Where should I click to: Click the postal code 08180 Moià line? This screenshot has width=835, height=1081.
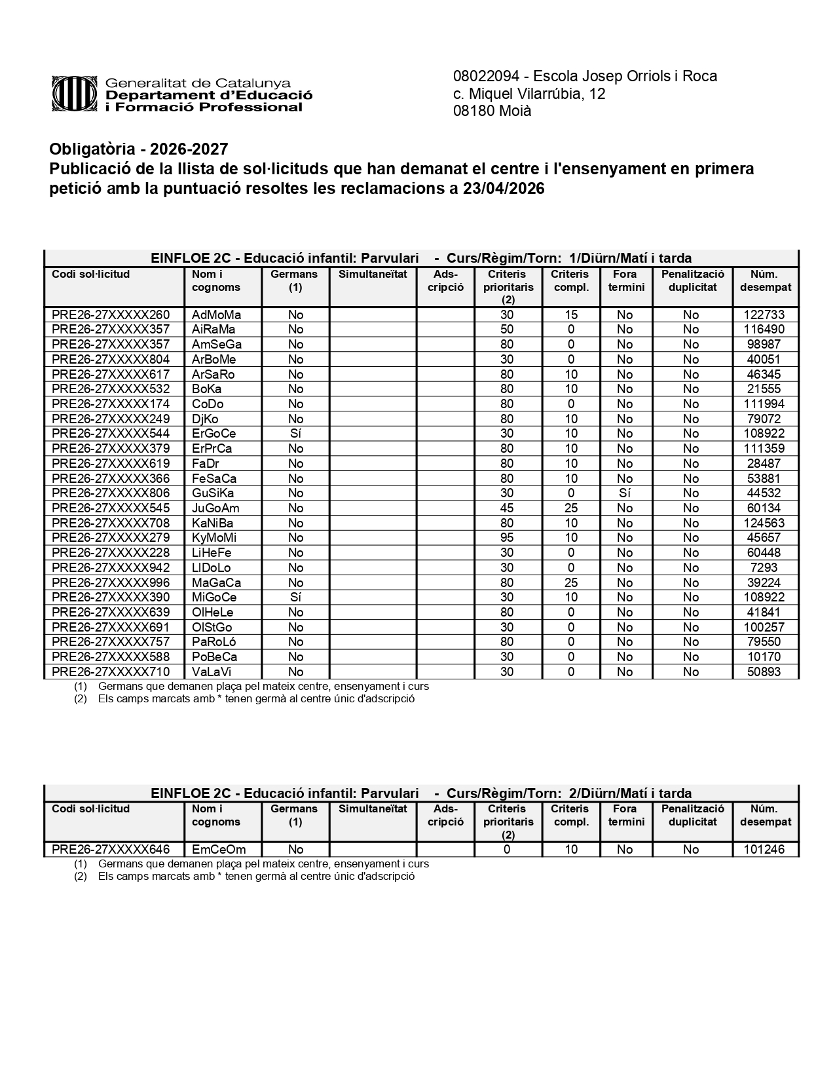[492, 111]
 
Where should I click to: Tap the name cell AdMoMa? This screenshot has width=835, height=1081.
[216, 314]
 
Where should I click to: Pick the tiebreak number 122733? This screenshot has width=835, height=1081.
[764, 314]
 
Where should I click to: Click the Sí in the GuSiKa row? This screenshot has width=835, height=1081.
[624, 493]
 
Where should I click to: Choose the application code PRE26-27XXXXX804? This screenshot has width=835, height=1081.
[111, 359]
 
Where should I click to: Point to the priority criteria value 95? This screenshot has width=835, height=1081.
[507, 538]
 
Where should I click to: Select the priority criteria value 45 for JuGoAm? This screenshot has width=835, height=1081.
[507, 508]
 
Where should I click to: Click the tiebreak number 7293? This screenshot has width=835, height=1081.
[764, 567]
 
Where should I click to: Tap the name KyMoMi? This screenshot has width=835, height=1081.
[214, 538]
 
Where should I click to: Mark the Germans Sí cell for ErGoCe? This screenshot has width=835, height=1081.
[295, 433]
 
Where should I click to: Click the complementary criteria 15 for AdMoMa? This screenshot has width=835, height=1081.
[570, 314]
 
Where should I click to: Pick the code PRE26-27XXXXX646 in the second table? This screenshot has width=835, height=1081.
[111, 849]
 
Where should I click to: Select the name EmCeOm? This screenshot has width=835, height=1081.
[219, 849]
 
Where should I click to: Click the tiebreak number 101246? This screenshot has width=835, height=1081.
[764, 849]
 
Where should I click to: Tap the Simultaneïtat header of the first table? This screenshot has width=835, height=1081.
[373, 275]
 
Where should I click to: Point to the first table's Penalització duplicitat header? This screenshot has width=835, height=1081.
[692, 280]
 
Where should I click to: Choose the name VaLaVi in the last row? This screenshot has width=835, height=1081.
[212, 672]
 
